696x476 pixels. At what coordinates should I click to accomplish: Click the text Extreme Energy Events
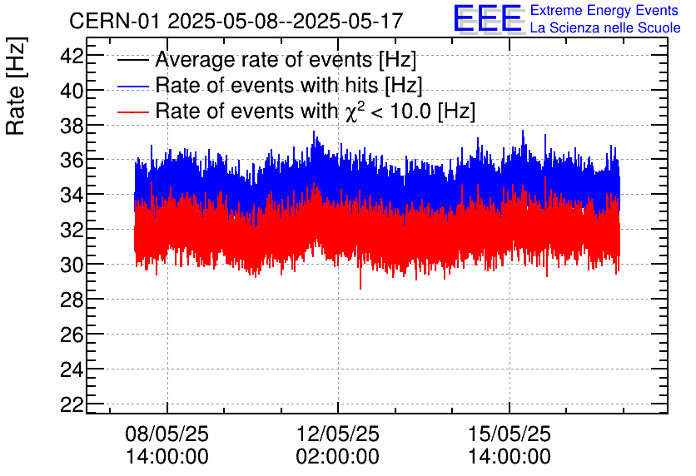(605, 11)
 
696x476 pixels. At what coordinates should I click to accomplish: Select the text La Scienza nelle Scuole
(605, 28)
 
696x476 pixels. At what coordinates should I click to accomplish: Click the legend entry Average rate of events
(286, 61)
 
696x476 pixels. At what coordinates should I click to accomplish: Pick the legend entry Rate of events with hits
(288, 86)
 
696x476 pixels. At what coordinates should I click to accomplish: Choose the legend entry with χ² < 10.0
(316, 111)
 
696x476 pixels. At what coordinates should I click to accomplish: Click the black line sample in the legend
(133, 61)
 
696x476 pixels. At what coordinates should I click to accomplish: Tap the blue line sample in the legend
(133, 86)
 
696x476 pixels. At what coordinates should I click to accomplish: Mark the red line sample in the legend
(133, 112)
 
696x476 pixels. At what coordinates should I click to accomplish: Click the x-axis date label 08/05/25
(167, 434)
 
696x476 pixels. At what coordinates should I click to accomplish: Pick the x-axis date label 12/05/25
(338, 434)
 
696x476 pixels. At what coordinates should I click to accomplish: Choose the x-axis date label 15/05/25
(509, 434)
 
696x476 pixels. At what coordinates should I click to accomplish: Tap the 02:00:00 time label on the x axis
(338, 457)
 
